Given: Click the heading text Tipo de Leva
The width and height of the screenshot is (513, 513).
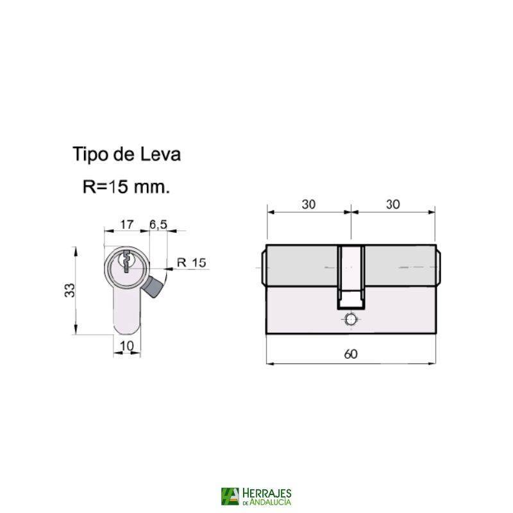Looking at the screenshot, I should (126, 155).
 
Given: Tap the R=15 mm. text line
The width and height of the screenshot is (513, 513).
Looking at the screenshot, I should (126, 187).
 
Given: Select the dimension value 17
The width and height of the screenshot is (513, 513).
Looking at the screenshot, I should (126, 225).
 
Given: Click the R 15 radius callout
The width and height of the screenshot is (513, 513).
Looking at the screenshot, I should (190, 262).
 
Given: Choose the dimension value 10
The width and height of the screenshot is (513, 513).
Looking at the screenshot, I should (126, 346).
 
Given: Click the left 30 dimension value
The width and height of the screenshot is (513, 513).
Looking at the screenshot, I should (308, 205).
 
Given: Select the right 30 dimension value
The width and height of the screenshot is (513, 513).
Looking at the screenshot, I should (393, 205).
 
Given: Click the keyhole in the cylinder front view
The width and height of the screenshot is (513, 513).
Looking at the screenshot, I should (126, 262).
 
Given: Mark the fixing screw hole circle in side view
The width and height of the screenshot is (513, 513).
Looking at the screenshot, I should (351, 319).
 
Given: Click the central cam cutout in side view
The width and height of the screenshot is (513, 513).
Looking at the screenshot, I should (351, 276).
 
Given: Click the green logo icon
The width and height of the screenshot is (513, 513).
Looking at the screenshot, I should (230, 496).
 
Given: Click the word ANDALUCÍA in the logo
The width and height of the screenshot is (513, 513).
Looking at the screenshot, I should (272, 502).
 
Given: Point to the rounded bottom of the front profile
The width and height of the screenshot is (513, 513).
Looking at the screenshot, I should (126, 329).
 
